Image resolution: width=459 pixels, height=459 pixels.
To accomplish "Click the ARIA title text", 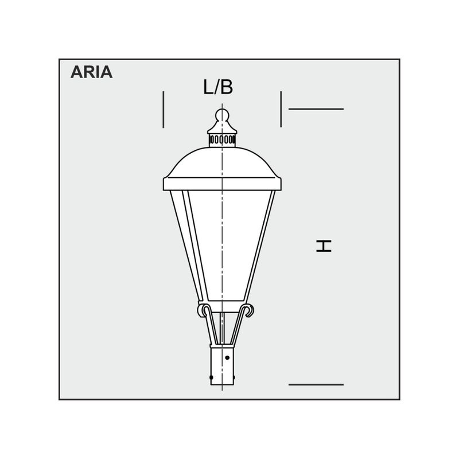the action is click(91, 72).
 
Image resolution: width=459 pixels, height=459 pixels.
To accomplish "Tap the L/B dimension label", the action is click(218, 87).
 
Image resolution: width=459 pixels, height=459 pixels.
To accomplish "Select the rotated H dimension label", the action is click(324, 246).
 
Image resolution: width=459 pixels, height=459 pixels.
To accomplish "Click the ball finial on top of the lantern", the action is click(222, 115).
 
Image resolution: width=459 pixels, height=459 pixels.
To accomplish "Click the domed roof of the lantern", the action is click(222, 162).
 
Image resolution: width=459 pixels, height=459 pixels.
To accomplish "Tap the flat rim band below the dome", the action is click(222, 184).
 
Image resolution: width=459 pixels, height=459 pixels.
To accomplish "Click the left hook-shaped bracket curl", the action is click(203, 310).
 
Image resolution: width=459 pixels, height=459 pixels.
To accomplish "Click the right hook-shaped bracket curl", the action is click(248, 310).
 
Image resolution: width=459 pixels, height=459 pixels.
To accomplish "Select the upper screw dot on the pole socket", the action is click(227, 357).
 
